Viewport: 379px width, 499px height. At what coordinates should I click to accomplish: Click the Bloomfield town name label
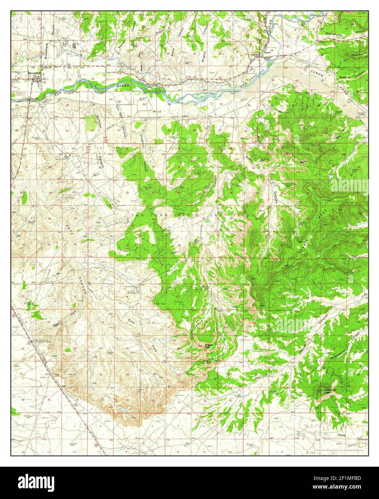tap(34, 73)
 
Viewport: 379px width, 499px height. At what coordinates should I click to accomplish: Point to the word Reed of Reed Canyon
tap(342, 435)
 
